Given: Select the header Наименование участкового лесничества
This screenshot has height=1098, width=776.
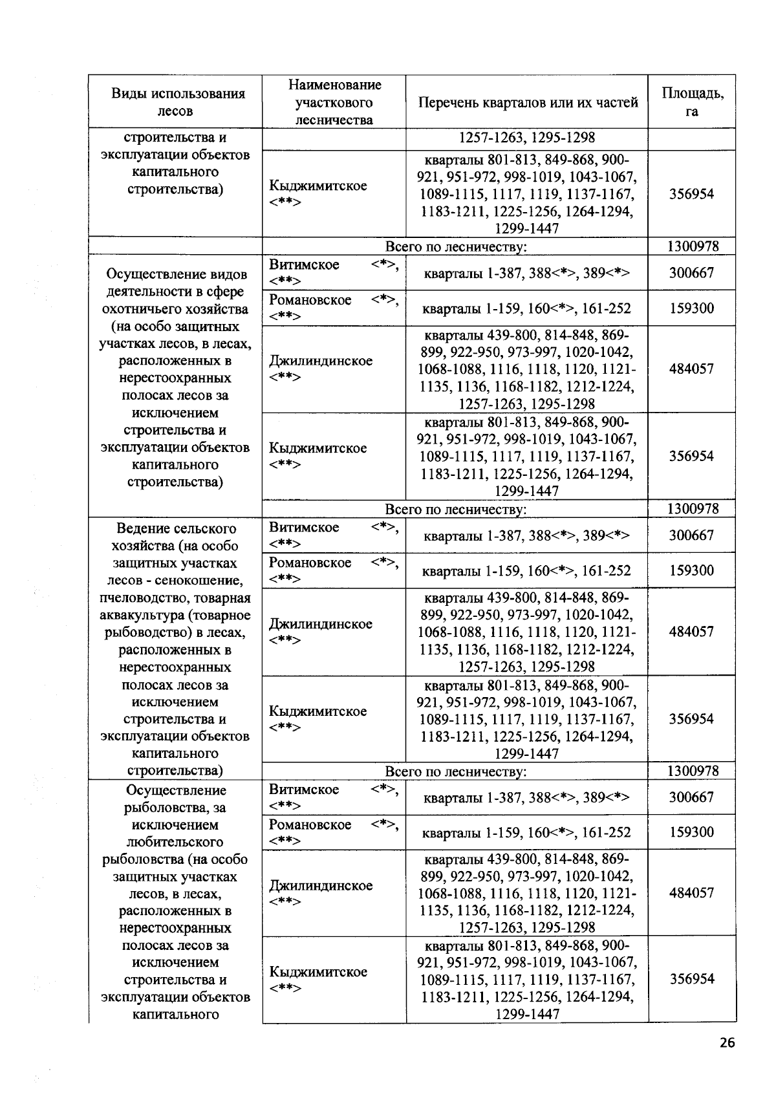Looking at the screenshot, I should tap(334, 102).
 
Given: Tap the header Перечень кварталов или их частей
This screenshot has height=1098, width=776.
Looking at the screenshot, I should tap(527, 102).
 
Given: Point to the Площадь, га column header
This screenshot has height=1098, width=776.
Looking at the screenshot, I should tap(692, 102).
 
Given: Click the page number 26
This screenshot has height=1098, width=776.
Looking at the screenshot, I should tap(726, 1043).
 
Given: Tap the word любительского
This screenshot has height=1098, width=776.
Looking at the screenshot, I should tap(175, 842).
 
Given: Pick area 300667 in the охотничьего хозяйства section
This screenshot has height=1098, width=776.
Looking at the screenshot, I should tap(691, 273).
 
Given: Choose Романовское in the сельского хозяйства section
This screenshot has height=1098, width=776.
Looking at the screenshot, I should tap(310, 563).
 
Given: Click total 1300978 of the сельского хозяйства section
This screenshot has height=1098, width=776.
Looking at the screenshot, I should tap(692, 771).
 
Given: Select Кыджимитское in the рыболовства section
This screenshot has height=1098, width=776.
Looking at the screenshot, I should tap(318, 972).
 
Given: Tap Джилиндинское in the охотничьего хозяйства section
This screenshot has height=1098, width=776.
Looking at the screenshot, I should tap(320, 361).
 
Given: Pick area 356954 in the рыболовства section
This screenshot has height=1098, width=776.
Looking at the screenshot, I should tap(691, 979).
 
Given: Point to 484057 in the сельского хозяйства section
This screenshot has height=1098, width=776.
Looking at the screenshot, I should tap(691, 632).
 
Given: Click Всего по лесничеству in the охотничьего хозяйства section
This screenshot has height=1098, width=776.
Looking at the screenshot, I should tap(455, 510).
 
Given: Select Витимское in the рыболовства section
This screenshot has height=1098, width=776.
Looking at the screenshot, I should tap(303, 790).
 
